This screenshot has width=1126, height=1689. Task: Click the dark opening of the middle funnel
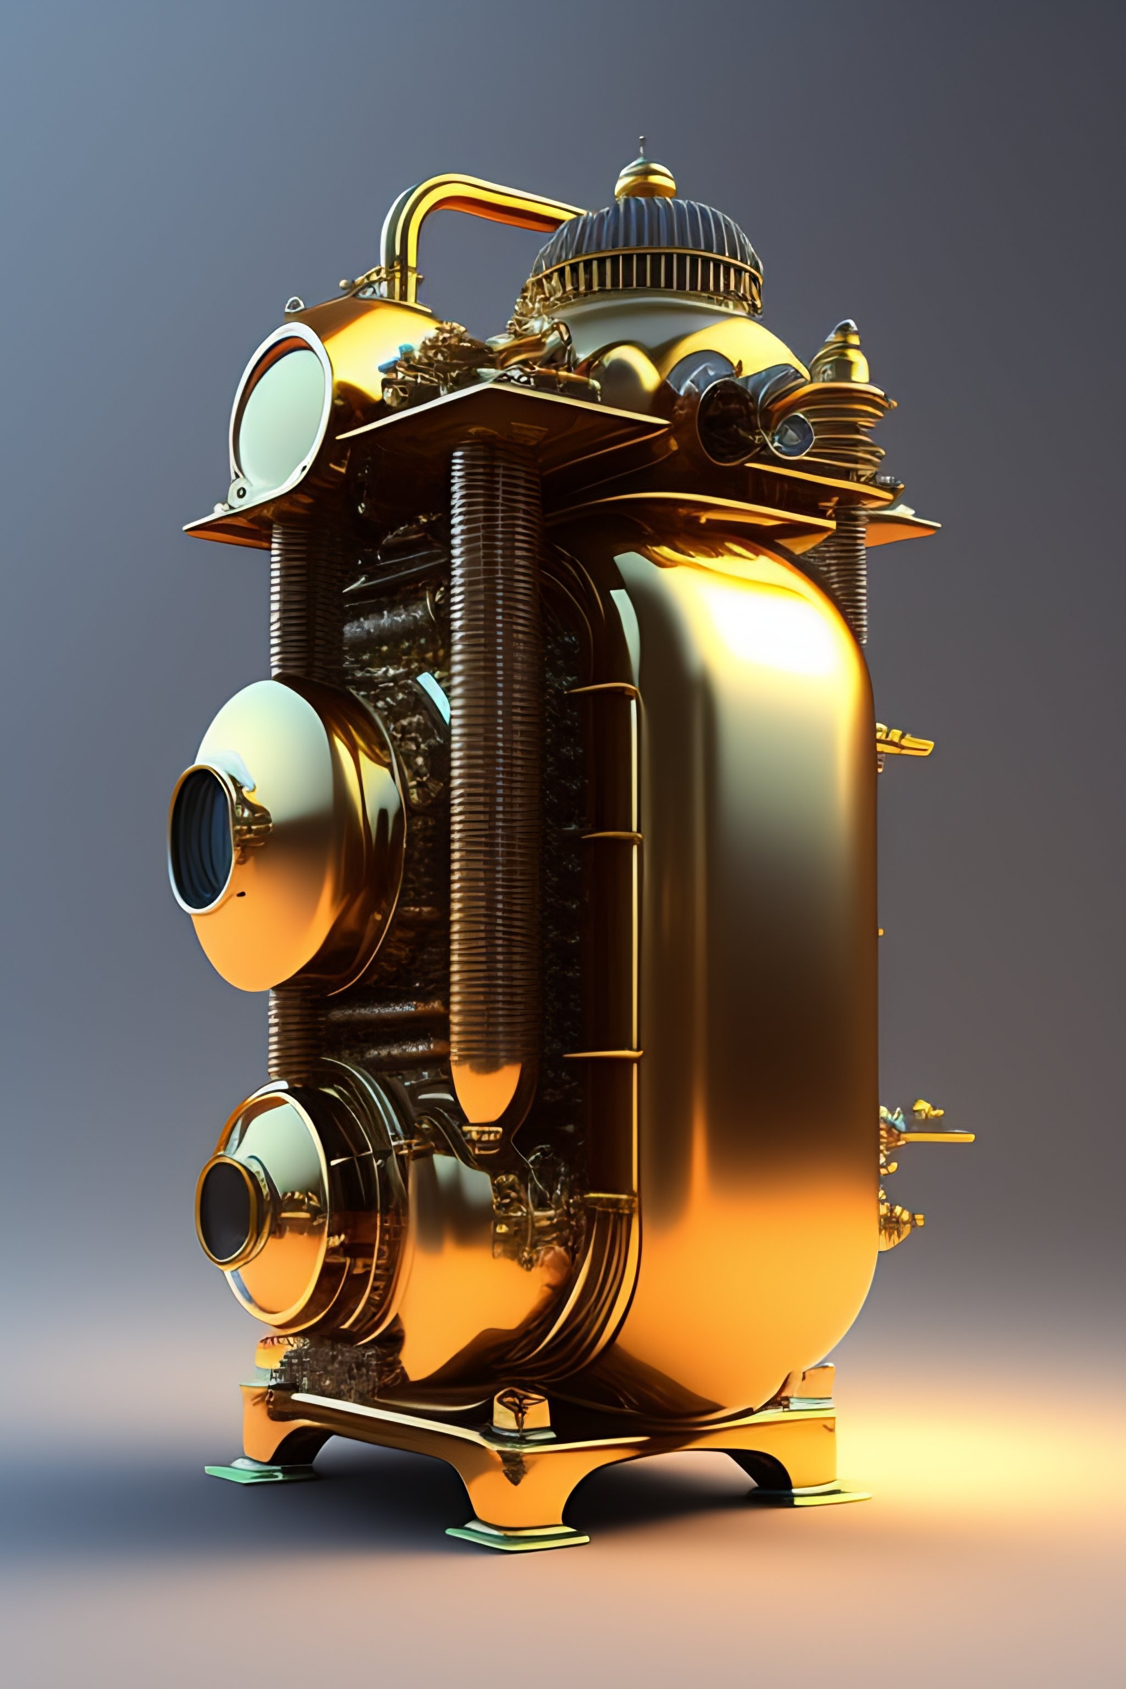click(204, 838)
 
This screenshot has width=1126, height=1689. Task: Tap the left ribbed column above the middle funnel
click(302, 603)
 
